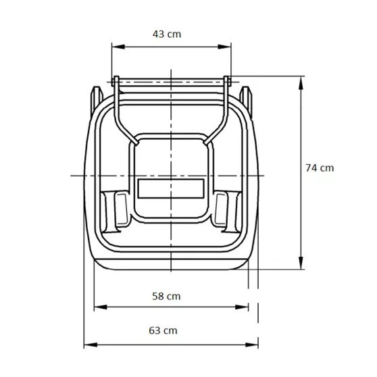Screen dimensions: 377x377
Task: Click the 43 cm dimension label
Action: coord(168,33)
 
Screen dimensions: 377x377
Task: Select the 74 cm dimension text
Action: coord(319,168)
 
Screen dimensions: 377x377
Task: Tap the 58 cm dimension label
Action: coord(167,296)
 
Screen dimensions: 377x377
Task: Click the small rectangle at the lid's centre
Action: coord(171,188)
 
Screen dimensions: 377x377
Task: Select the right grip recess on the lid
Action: coord(221,209)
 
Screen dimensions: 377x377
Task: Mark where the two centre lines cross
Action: coord(171,175)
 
